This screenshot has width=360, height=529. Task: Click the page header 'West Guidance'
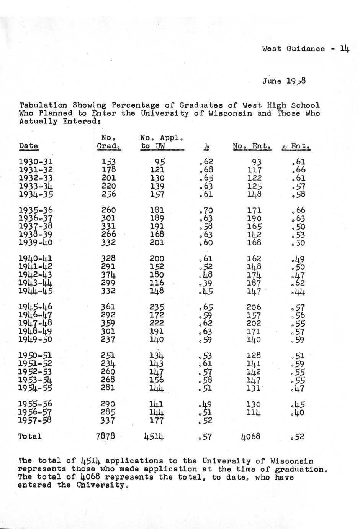coord(293,49)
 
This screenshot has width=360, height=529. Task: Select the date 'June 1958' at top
coord(284,81)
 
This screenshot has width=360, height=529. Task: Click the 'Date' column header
coord(28,146)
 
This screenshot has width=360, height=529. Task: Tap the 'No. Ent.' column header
coord(252,146)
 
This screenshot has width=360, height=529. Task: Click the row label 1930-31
coord(36,162)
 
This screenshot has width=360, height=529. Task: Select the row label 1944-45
coord(36,291)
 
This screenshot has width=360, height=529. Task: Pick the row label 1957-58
coord(36,420)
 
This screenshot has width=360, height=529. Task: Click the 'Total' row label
coord(30,436)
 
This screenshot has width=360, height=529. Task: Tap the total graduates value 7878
coord(105,436)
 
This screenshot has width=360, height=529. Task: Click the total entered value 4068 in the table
coord(251,436)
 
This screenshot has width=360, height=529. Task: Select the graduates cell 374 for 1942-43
coord(108,275)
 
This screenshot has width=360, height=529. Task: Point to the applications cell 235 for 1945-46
coord(157,307)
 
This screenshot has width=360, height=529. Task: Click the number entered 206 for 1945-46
coord(254,307)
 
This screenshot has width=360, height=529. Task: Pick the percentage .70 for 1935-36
coord(206,210)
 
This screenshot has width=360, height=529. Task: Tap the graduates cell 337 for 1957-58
coord(108,420)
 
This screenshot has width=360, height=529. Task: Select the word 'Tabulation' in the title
coord(43,105)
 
